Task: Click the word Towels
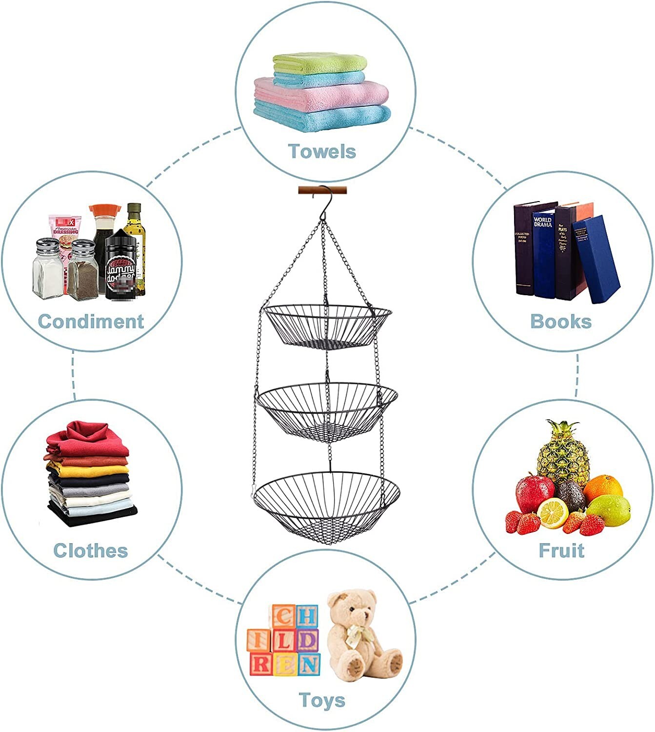(322, 151)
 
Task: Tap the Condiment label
(91, 322)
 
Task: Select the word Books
(561, 322)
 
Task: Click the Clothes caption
(91, 550)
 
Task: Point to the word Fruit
(561, 550)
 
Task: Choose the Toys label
(322, 700)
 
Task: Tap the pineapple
(562, 454)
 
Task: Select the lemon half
(553, 513)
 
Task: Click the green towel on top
(320, 63)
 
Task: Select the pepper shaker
(82, 271)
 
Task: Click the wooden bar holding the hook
(322, 190)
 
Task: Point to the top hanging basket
(327, 326)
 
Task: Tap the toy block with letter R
(260, 664)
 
